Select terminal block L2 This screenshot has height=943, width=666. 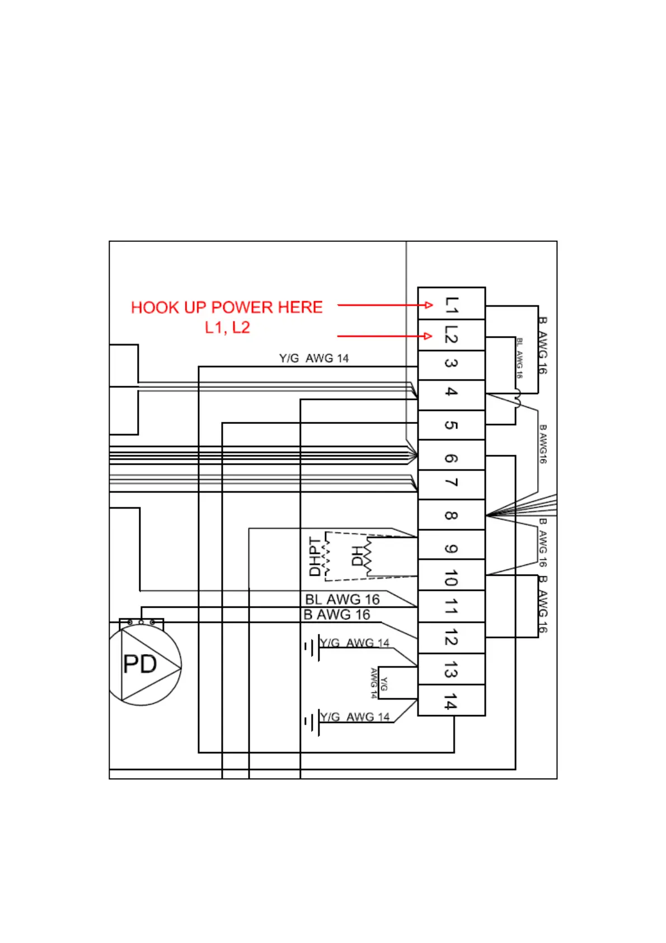451,335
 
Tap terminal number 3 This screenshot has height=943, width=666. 451,365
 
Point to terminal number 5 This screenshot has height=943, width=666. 451,425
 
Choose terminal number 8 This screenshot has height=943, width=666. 451,515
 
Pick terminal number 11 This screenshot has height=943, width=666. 451,606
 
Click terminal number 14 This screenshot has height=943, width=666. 451,701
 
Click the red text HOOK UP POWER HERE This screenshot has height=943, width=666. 227,307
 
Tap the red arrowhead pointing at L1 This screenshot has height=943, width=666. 429,305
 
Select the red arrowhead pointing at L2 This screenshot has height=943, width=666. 429,336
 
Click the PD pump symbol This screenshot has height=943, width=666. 146,665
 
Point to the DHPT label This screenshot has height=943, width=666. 315,557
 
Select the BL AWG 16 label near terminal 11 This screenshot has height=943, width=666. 343,600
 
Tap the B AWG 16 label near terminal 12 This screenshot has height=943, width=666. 337,615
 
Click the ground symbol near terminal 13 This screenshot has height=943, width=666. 312,648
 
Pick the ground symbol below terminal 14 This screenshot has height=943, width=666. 312,722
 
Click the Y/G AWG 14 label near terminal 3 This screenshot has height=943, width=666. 314,358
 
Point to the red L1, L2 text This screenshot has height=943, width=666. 227,328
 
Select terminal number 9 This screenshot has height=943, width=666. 451,548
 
